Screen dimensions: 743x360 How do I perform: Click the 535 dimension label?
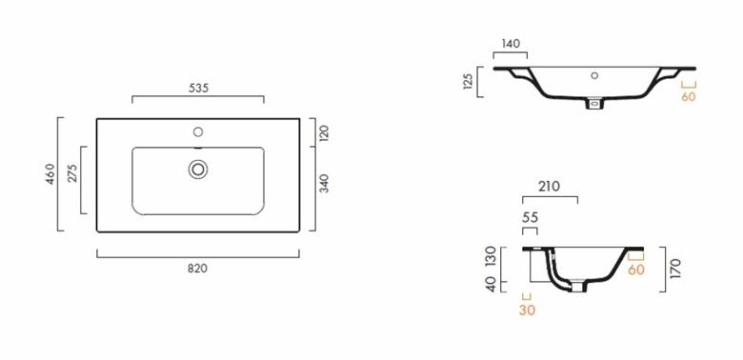(x=198, y=89)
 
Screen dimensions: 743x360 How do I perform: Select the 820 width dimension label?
(x=197, y=269)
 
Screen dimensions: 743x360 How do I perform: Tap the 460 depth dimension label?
(x=50, y=173)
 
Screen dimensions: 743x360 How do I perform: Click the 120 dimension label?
(x=324, y=133)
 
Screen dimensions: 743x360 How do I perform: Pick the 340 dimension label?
(x=324, y=184)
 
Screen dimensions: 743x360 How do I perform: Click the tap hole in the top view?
(x=198, y=132)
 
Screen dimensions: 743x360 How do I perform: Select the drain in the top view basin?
(x=198, y=170)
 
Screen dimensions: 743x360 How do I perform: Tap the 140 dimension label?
(x=511, y=44)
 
